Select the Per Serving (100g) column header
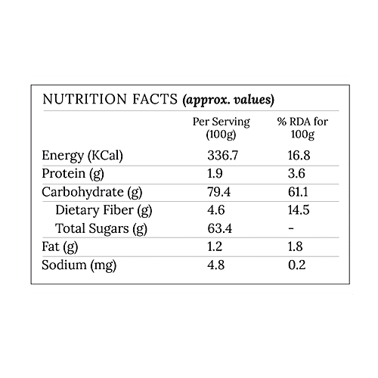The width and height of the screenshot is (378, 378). point(222,129)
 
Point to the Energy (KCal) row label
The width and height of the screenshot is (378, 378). point(82,156)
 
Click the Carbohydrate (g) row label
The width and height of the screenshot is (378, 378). point(92,192)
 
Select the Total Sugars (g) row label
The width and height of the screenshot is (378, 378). point(101,228)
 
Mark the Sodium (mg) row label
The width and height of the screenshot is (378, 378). point(79,265)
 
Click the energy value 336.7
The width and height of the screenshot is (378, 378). point(222,156)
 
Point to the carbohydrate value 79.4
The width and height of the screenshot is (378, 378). point(218,192)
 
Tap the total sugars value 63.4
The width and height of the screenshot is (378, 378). point(218,228)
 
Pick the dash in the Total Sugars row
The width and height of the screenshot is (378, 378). point(290,228)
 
